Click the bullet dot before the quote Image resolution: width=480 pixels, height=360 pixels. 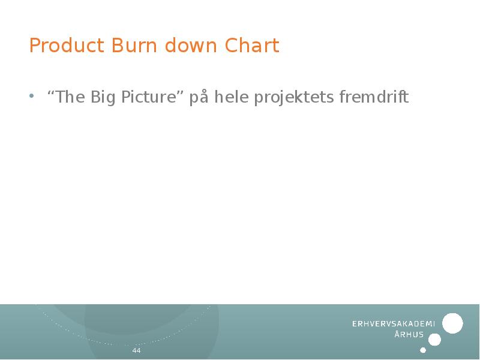click(32, 97)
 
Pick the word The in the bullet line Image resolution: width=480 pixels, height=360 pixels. click(70, 97)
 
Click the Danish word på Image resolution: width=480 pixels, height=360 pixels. click(199, 98)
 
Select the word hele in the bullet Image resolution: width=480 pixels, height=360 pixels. click(230, 97)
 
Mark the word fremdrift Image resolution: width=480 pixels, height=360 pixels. click(374, 97)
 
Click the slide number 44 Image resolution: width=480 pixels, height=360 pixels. click(136, 350)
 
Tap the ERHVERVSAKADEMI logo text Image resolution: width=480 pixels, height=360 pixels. click(394, 324)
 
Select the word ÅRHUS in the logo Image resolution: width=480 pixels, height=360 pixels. click(409, 335)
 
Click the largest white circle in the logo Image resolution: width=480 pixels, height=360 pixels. click(452, 323)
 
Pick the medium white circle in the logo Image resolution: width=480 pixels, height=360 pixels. click(435, 340)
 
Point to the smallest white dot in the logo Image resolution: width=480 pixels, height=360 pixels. click(423, 350)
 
